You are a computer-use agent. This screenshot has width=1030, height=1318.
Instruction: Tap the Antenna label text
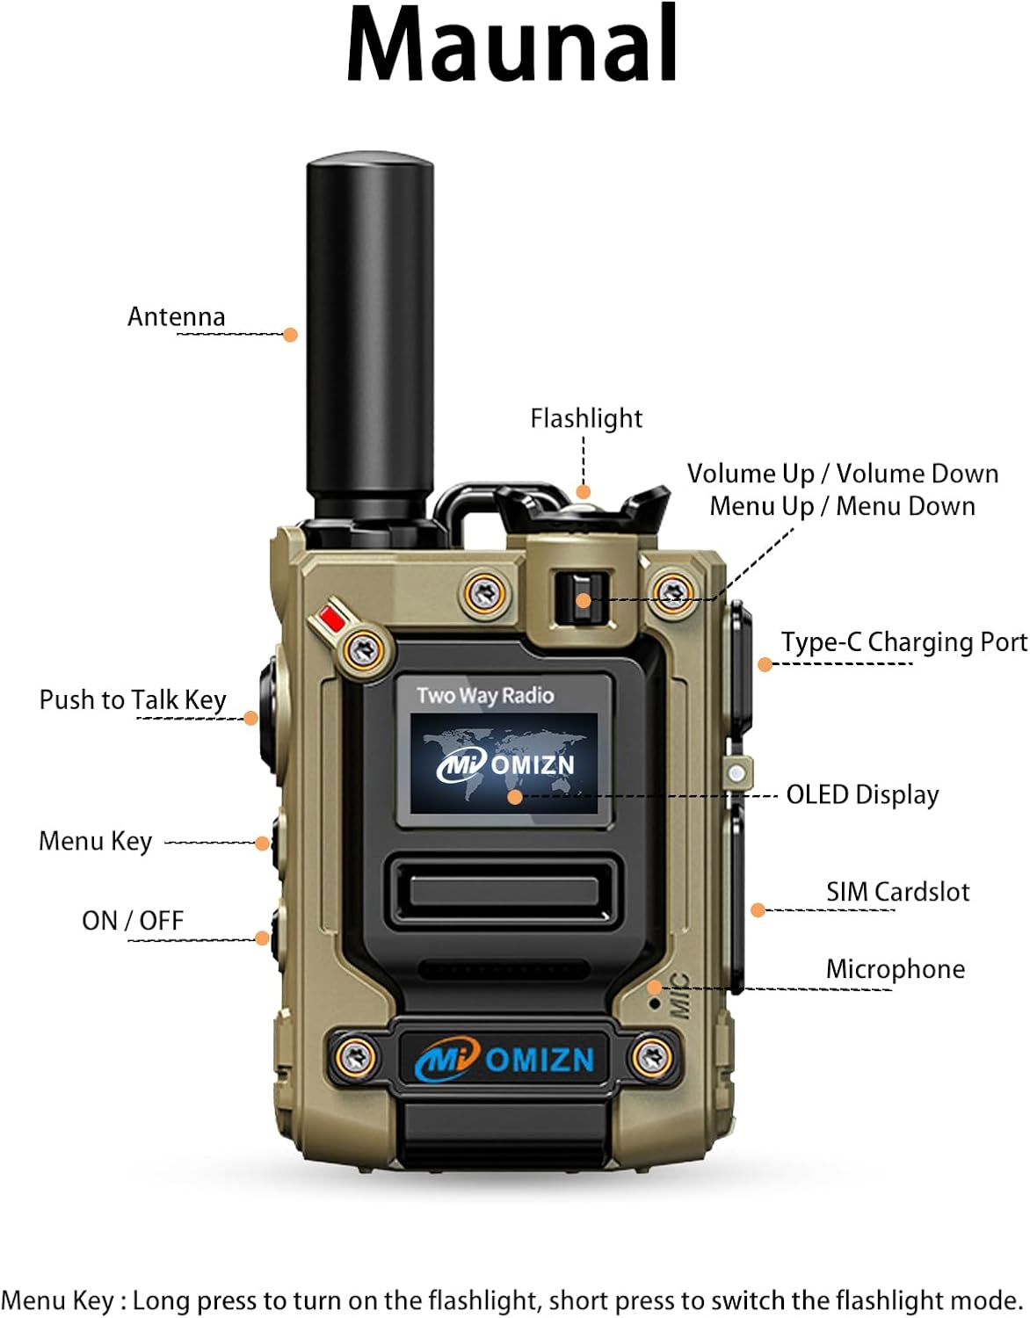click(176, 316)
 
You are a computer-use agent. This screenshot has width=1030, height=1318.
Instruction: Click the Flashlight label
click(585, 418)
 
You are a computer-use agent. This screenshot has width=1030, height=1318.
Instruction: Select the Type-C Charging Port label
click(903, 642)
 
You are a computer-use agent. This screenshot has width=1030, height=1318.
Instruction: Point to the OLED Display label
click(861, 794)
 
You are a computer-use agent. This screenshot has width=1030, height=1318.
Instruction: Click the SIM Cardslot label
click(896, 892)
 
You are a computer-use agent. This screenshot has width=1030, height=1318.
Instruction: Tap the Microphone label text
click(895, 969)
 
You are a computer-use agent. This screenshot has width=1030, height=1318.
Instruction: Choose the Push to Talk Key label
click(133, 699)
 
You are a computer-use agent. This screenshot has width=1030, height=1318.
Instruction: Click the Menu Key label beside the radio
click(95, 841)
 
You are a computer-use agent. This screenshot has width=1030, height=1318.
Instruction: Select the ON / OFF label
click(133, 920)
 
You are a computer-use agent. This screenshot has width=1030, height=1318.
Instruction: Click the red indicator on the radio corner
click(331, 619)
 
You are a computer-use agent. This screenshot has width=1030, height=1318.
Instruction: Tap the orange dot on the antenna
click(290, 335)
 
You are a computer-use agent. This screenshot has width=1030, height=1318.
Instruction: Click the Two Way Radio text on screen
click(485, 695)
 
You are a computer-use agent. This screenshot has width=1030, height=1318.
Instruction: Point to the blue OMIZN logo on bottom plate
click(505, 1060)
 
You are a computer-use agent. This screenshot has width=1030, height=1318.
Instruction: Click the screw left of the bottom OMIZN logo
click(355, 1055)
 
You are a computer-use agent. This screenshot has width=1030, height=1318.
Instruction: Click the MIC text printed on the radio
click(679, 996)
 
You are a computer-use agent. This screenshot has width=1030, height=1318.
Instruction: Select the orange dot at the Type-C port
click(765, 665)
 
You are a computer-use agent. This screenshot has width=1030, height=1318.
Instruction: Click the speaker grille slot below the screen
click(504, 893)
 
